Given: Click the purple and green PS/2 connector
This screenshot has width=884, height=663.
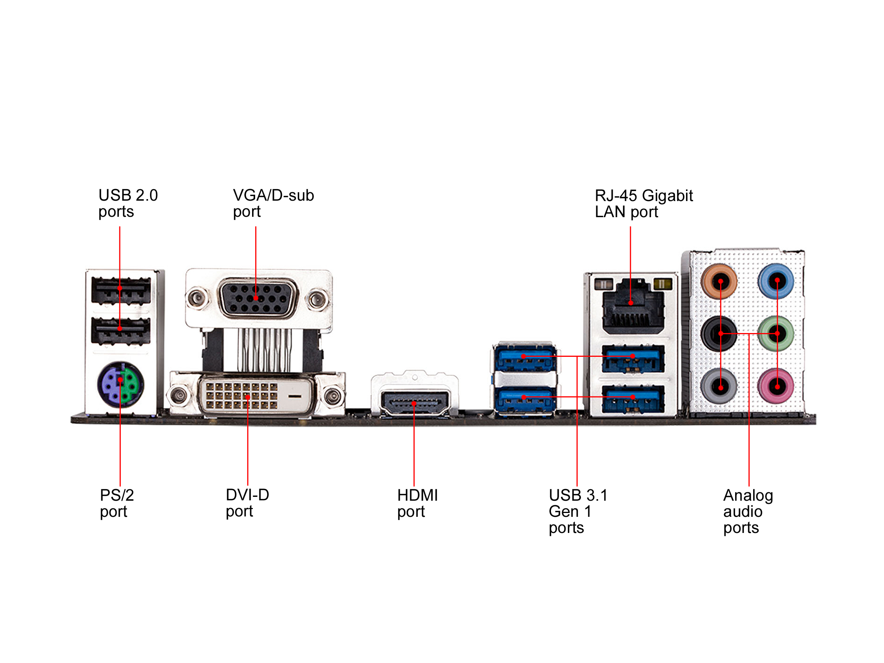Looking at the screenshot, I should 120,384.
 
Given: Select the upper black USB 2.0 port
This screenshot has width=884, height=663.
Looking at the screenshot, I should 121,290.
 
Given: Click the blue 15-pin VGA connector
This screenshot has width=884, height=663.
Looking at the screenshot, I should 258,299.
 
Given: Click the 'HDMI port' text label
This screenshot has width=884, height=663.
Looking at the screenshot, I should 417,503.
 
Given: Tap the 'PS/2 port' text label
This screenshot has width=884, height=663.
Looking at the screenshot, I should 117,503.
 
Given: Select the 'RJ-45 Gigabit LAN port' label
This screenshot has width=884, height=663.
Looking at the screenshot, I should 643,203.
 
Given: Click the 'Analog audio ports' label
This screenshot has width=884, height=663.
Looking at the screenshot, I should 748,511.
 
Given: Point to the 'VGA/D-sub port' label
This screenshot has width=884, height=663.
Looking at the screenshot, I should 273,203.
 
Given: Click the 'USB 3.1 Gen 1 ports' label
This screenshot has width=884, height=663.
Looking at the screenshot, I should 578,511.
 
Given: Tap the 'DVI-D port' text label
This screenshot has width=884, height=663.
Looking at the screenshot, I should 247,503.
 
